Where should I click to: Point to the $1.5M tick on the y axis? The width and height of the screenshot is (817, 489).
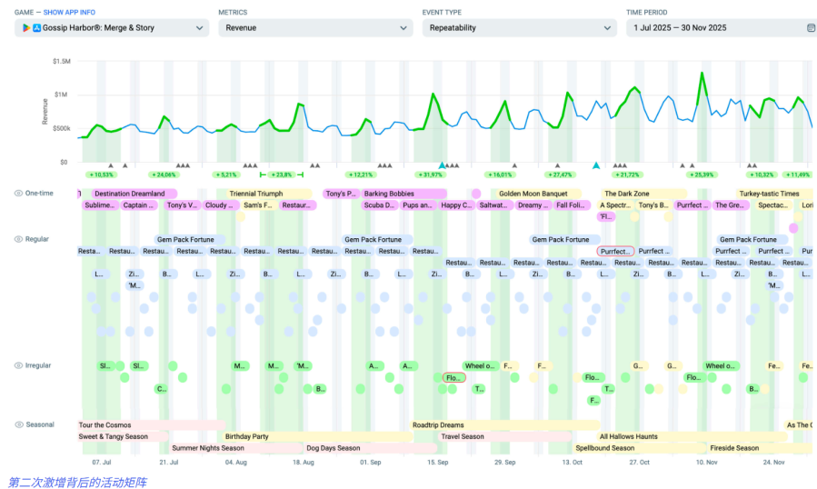point(61,61)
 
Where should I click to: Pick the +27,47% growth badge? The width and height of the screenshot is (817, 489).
point(561,175)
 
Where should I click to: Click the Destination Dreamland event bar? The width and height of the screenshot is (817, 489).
point(129,194)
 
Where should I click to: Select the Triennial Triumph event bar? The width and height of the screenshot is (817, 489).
point(255,194)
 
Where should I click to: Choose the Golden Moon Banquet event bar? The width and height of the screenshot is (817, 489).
point(533,194)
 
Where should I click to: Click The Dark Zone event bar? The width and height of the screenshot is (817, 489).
point(627,194)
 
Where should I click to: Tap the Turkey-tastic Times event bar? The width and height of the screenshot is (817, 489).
point(769,194)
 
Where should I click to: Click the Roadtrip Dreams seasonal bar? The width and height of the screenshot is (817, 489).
point(438,425)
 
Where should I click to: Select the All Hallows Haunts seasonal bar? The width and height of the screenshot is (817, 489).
point(627,437)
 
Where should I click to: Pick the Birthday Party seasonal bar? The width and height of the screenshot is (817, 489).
point(247,437)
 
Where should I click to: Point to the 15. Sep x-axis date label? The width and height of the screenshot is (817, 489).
point(437,462)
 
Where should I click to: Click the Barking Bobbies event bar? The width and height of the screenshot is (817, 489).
point(389,194)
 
